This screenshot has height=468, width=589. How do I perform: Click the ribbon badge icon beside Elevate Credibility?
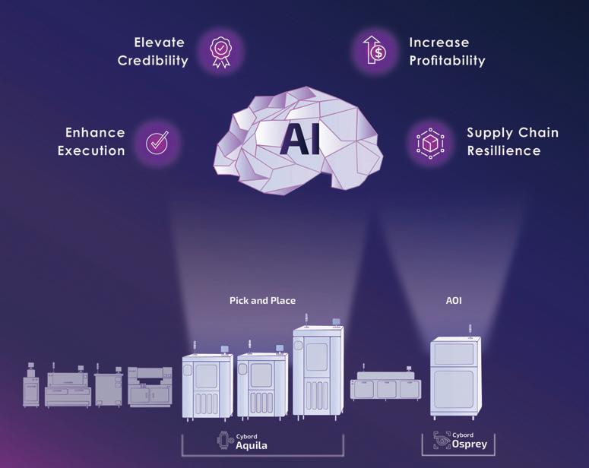coord(221,51)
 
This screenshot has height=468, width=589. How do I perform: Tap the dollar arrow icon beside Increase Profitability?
coord(373,51)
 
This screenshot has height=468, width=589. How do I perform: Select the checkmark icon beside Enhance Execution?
coord(157,142)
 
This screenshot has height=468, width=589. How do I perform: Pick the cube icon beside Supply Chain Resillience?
coord(429,142)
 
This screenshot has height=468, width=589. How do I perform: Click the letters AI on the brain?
coord(299,139)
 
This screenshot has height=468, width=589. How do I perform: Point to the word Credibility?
coord(153,61)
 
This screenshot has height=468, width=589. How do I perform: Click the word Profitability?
coord(447,61)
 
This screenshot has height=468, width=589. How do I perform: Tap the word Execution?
coord(91,150)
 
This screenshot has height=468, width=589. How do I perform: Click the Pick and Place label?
coord(262,300)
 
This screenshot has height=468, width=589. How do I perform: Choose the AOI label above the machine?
coord(454,300)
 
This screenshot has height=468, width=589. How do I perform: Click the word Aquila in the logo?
coord(252,445)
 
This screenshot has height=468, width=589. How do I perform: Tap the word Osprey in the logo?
coord(469,444)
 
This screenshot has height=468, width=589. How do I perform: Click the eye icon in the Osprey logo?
coord(442,440)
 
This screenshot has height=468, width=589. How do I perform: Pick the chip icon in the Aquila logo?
coord(225,441)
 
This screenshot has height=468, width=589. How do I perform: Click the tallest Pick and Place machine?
coord(318,372)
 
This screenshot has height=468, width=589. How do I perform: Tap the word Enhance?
coord(95,133)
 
